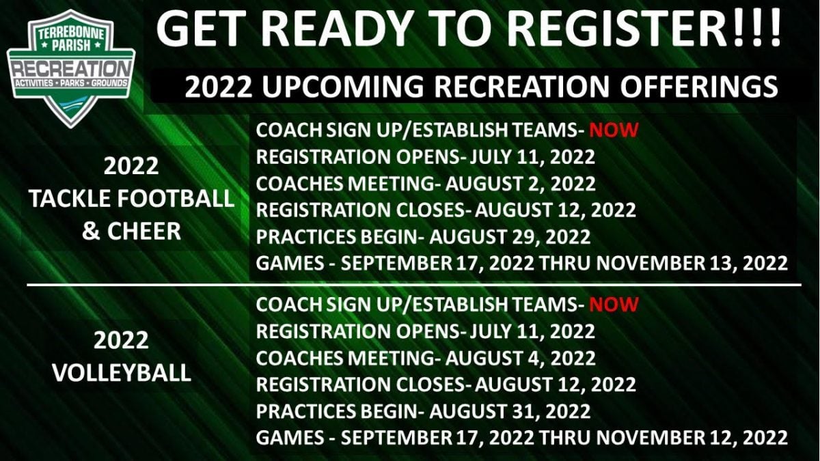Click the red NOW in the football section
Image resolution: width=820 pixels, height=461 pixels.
click(614, 130)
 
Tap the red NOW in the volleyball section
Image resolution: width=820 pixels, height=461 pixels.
click(614, 304)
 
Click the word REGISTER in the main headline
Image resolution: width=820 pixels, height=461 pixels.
click(615, 28)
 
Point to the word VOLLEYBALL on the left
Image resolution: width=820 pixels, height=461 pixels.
click(122, 373)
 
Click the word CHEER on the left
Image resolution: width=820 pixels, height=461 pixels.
click(144, 232)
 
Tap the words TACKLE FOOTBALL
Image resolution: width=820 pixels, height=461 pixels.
click(131, 198)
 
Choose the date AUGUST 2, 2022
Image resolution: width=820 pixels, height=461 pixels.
click(520, 184)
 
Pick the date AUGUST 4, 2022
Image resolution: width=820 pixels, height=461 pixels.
click(520, 358)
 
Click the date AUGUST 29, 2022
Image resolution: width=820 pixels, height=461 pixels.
click(510, 237)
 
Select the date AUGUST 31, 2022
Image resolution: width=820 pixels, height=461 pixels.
click(510, 411)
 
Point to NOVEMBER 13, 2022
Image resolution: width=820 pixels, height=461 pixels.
click(692, 263)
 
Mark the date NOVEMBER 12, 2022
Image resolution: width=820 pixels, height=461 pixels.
click(692, 438)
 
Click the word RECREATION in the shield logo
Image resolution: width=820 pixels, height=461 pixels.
click(71, 69)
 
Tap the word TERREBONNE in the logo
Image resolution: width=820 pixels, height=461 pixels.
click(71, 35)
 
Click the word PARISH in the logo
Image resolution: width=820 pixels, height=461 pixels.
click(71, 46)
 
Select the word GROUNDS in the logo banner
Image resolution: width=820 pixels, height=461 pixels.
click(109, 83)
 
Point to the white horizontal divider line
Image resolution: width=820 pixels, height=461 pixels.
click(414, 285)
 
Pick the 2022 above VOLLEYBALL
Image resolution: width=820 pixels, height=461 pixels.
click(121, 340)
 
